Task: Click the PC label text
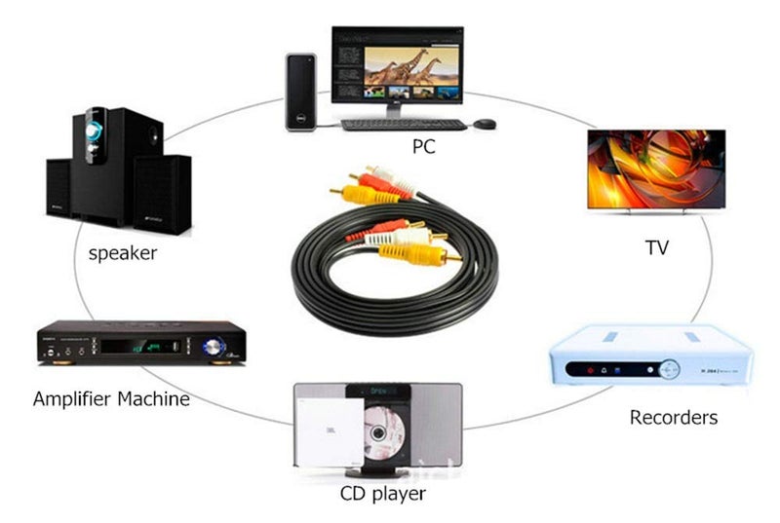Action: [424, 146]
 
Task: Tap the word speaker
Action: [123, 253]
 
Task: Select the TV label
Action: [656, 247]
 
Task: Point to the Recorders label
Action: [674, 417]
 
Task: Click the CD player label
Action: [383, 494]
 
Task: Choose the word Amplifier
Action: [72, 399]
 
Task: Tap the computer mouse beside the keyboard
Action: [484, 124]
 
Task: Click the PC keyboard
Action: [404, 125]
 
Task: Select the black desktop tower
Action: [301, 93]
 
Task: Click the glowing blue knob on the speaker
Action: [94, 131]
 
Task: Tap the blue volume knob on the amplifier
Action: [214, 346]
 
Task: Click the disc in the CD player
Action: [383, 433]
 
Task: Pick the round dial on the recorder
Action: [669, 369]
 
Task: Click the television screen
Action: [656, 168]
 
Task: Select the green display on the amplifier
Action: [148, 346]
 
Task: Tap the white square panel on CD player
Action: [330, 432]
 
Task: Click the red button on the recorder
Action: [591, 370]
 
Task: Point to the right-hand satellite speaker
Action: [162, 194]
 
